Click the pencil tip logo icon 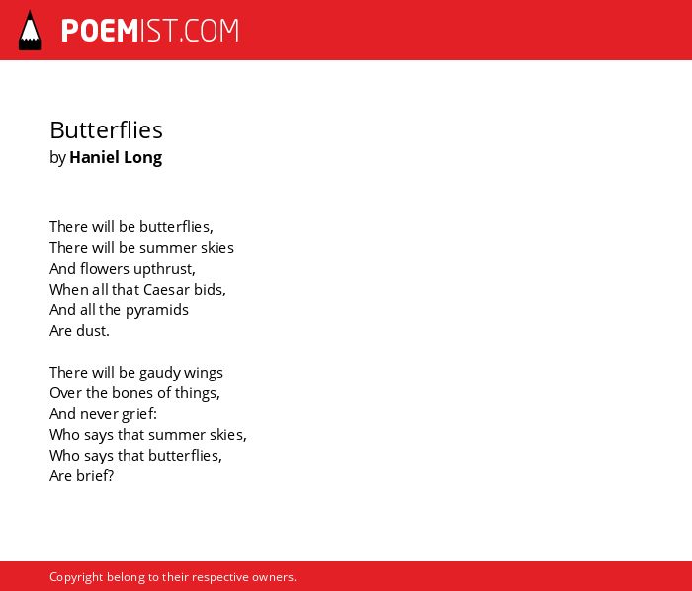point(30,31)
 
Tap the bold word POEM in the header point(100,31)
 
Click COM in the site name point(211,31)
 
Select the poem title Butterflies point(107,130)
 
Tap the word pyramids point(157,311)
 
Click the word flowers point(105,269)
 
